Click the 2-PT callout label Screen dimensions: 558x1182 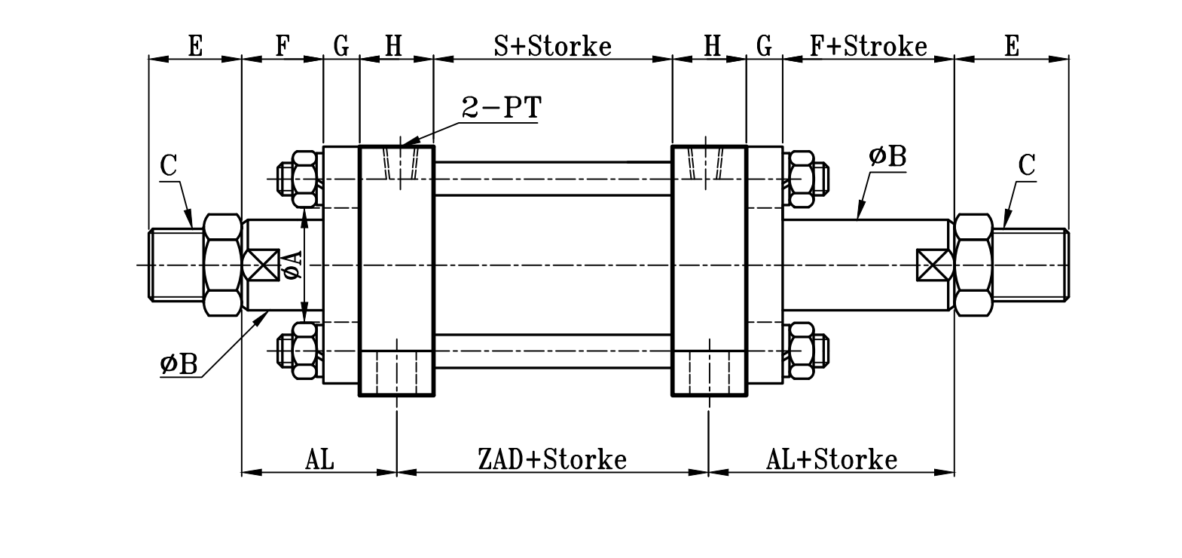tap(500, 109)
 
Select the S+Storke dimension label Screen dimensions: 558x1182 tap(552, 47)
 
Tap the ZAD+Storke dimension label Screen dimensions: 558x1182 tap(552, 459)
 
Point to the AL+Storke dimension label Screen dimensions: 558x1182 tap(832, 459)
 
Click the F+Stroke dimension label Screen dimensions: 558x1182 tap(868, 47)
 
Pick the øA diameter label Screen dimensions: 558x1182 tap(292, 265)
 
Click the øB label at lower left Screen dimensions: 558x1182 tap(179, 365)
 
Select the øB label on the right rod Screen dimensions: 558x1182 tap(887, 157)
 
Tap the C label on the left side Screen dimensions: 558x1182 tap(169, 166)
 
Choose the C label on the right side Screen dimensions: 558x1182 tap(1027, 166)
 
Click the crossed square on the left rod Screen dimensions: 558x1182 tap(262, 265)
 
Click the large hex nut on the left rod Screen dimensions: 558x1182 tap(221, 265)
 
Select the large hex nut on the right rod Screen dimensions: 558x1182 tap(973, 265)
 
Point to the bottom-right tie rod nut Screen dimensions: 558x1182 tap(806, 351)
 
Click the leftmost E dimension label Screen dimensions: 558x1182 tap(195, 47)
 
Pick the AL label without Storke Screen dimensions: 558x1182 tap(319, 459)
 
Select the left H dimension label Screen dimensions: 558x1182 tap(393, 47)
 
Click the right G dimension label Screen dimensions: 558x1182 tap(764, 47)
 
